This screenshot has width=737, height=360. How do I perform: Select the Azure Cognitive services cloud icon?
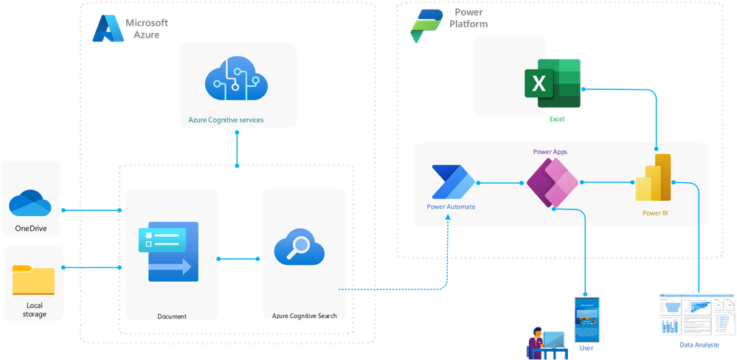[x=236, y=81]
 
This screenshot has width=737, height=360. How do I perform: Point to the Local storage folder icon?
[x=33, y=281]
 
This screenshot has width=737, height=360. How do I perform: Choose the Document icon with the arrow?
[x=167, y=251]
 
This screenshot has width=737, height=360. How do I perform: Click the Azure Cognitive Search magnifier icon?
[x=300, y=249]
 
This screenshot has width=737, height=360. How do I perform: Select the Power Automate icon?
[x=450, y=182]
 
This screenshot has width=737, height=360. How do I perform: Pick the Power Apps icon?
[x=553, y=182]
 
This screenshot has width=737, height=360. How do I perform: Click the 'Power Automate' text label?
[x=451, y=207]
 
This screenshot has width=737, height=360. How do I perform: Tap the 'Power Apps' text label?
[x=550, y=151]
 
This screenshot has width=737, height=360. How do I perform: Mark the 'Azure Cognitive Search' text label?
[x=304, y=316]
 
